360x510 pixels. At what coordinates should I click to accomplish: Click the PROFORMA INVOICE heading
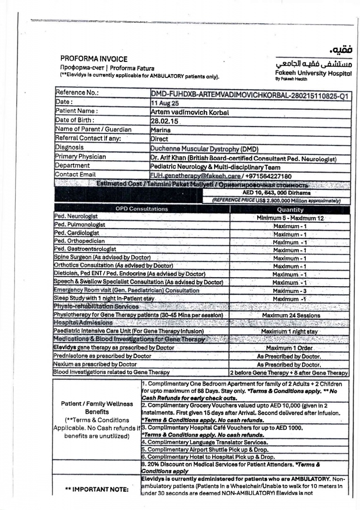click(94, 59)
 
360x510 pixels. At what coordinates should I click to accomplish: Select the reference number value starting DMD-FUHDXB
click(250, 96)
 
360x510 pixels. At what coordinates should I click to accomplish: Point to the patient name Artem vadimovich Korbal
click(189, 112)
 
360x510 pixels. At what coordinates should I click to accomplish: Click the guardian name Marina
click(160, 130)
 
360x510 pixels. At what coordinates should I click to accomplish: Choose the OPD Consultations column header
click(142, 209)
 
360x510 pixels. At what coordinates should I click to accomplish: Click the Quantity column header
click(290, 209)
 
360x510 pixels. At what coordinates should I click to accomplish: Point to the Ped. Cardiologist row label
click(76, 233)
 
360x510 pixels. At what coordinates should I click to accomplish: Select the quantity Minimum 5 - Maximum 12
click(290, 218)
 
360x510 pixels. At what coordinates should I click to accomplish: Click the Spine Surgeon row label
click(102, 257)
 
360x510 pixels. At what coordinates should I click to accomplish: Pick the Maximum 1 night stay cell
click(290, 331)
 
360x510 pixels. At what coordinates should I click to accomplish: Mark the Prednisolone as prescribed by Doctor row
click(103, 356)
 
